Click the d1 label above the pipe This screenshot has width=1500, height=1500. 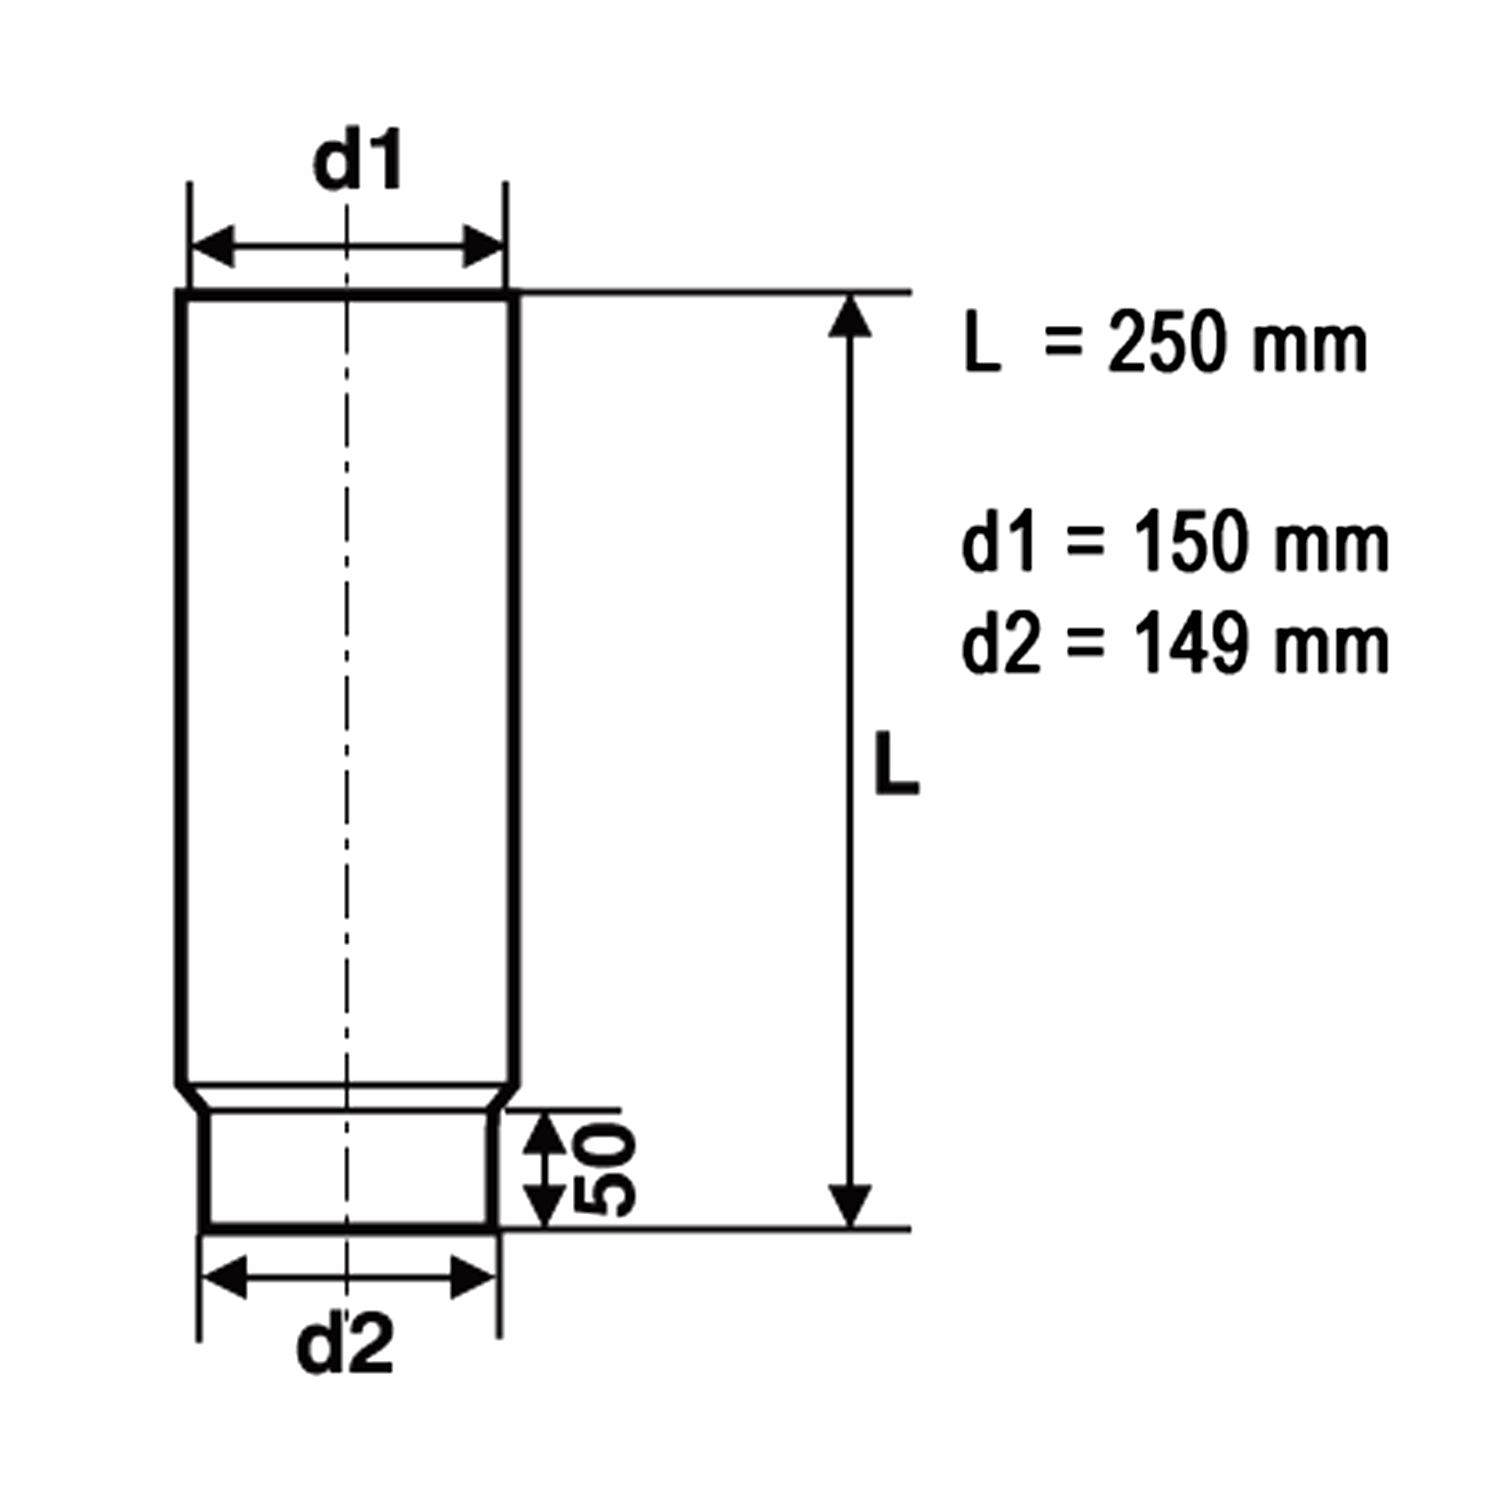357,162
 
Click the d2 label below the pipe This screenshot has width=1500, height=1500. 345,1344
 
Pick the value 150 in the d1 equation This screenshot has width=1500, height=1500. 1190,545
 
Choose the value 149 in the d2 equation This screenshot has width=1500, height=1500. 1190,645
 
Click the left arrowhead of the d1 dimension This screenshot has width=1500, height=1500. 212,246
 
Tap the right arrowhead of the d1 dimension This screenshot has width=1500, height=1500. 483,246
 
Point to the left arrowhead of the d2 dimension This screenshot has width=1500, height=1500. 224,1277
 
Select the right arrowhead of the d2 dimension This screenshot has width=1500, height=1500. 473,1277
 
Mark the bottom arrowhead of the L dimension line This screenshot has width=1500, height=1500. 850,1204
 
